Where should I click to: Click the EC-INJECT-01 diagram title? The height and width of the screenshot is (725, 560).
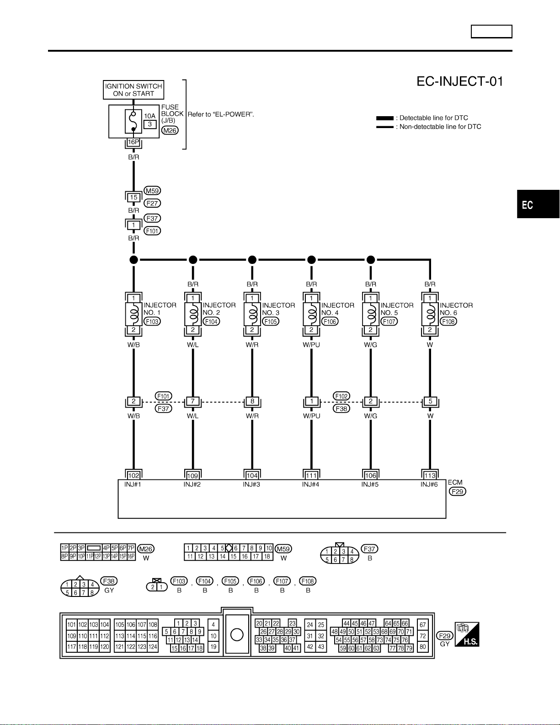[x=460, y=81]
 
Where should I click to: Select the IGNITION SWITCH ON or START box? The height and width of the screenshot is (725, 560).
[x=133, y=90]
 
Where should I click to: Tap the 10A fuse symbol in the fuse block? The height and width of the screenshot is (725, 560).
[x=133, y=122]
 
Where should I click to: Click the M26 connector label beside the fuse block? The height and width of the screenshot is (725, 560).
[x=170, y=130]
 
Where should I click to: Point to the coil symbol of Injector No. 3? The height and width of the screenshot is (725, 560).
[x=252, y=314]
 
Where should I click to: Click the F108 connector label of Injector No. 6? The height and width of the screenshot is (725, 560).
[x=448, y=322]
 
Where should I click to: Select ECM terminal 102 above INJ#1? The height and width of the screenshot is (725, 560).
[x=133, y=475]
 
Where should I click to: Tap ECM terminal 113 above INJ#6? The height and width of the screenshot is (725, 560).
[x=430, y=475]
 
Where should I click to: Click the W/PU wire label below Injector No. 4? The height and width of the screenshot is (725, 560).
[x=311, y=345]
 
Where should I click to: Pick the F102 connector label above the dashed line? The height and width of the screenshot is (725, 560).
[x=341, y=396]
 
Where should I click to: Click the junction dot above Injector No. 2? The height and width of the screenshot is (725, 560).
[x=193, y=259]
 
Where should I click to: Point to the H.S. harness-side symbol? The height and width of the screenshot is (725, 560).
[x=467, y=634]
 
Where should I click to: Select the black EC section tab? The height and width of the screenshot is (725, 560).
[x=539, y=204]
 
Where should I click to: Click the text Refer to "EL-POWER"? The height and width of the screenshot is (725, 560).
[x=221, y=114]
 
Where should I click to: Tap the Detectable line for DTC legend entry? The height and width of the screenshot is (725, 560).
[x=422, y=118]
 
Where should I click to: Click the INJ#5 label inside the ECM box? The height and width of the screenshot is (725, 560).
[x=370, y=484]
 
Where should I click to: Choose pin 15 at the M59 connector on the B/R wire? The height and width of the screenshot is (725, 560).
[x=133, y=198]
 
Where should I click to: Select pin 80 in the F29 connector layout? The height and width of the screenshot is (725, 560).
[x=423, y=647]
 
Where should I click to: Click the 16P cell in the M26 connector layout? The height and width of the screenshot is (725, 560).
[x=131, y=557]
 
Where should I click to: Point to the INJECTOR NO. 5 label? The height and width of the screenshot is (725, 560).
[x=397, y=309]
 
